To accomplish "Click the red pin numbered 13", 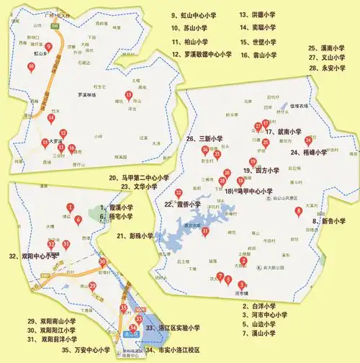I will (129, 95).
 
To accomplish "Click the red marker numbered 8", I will (298, 211).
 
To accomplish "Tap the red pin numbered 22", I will (179, 192).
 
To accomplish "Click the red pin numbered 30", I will (103, 262).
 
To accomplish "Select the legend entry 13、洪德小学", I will (258, 14).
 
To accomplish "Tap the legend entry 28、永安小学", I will (328, 68).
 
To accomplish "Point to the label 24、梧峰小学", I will (309, 153).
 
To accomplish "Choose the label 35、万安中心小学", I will (84, 351).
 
